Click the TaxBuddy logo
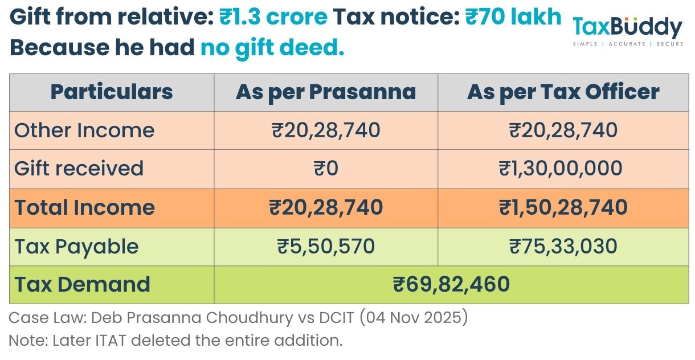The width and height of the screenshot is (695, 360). coord(627,30)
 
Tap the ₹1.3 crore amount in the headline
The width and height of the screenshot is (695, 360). coord(273,18)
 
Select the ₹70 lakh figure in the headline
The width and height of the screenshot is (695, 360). coord(513,18)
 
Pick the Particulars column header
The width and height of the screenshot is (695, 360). coord(112,92)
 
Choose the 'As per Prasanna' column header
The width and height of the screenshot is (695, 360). coord(326,92)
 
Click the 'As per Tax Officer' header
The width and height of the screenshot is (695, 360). coord(563,92)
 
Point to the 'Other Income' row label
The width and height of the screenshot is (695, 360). coord(84,130)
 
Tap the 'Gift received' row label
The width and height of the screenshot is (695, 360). coord(79,169)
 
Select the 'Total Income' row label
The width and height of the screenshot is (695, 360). coord(84,207)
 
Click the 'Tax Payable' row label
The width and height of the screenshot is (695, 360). coord(76,246)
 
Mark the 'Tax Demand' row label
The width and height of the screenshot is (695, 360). coord(83,284)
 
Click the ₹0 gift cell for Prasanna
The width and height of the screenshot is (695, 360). coord(326,169)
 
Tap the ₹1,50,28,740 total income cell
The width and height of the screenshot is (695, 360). coord(563,207)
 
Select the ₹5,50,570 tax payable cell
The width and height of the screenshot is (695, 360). coord(326,246)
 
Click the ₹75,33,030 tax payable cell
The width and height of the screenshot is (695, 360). coord(563,246)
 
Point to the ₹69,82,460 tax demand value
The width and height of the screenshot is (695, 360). coord(451,284)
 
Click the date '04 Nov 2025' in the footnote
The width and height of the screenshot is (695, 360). coord(414,318)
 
